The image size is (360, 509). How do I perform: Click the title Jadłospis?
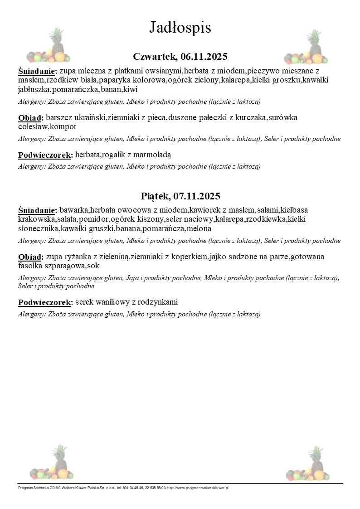[180, 28]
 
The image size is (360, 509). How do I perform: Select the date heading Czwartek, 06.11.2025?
[180, 57]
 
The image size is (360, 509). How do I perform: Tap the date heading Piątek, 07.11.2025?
[180, 196]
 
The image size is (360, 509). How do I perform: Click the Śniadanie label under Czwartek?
[37, 71]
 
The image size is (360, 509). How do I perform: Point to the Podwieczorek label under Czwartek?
[45, 155]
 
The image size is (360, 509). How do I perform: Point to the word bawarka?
[74, 211]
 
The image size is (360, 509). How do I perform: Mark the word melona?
[199, 229]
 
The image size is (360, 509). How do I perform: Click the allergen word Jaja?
[132, 278]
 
